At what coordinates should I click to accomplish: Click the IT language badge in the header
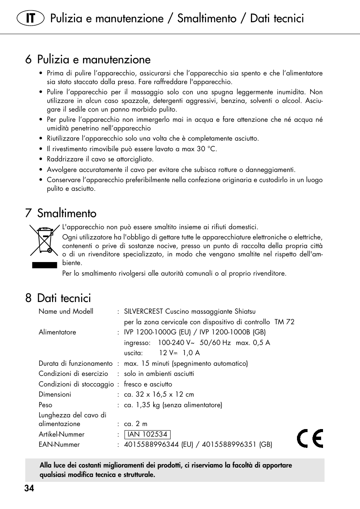click(31, 18)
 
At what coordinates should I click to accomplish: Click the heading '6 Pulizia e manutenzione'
click(88, 60)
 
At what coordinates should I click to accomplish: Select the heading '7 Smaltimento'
click(61, 213)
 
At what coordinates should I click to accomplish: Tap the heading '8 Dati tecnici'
click(58, 298)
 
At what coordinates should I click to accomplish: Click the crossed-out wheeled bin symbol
click(44, 240)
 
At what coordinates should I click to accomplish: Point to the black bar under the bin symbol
click(44, 265)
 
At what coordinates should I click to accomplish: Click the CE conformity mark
click(310, 438)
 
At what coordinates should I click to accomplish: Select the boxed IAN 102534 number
click(148, 434)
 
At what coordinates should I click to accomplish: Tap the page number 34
click(29, 488)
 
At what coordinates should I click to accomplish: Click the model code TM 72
click(284, 322)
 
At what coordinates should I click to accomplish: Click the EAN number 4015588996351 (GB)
click(237, 445)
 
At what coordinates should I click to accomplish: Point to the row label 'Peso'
click(45, 405)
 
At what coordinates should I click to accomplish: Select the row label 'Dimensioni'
click(55, 394)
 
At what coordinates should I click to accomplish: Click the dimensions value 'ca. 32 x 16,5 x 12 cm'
click(159, 394)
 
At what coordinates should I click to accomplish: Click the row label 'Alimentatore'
click(57, 332)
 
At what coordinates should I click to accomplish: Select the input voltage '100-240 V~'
click(176, 343)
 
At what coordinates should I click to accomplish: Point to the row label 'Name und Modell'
click(66, 311)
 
